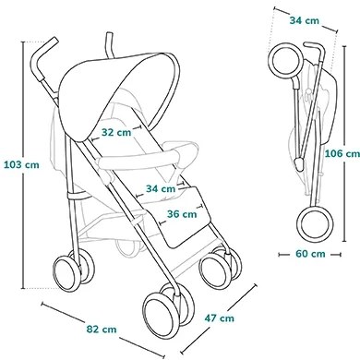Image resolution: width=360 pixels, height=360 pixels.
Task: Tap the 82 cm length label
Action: point(102,328)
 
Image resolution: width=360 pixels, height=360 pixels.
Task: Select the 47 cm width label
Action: point(220,318)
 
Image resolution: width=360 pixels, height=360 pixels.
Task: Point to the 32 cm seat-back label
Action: point(116,132)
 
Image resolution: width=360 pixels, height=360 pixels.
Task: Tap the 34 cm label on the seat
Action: point(161,188)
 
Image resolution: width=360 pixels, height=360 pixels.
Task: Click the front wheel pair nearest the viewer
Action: point(162,310)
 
